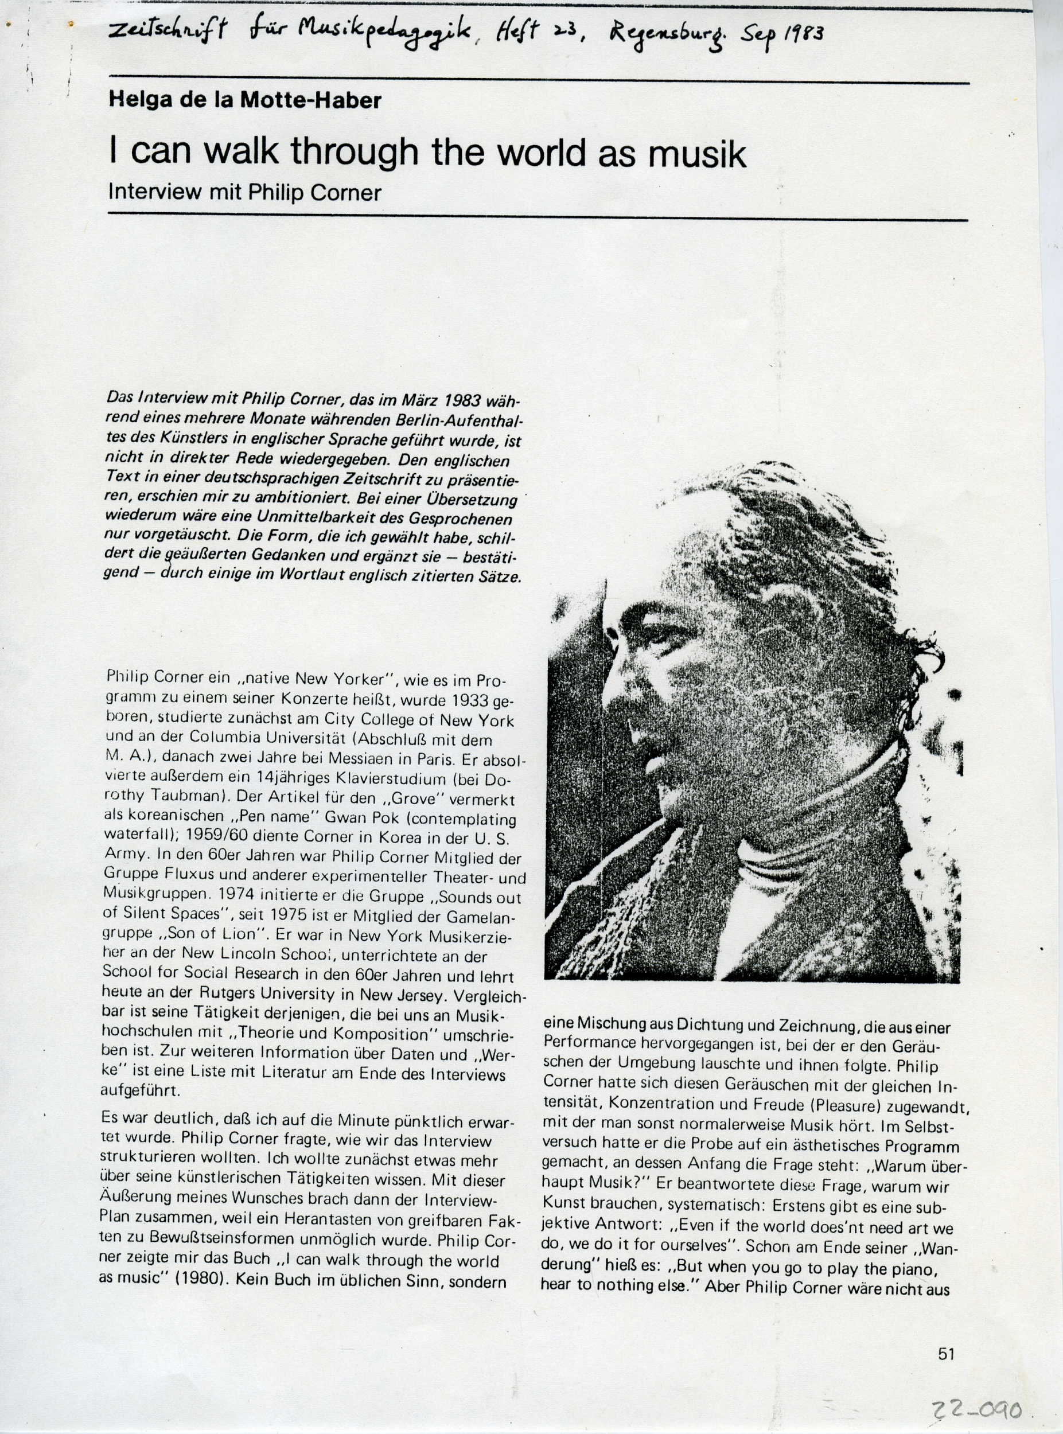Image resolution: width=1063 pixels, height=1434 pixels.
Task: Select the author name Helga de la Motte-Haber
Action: [x=245, y=100]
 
